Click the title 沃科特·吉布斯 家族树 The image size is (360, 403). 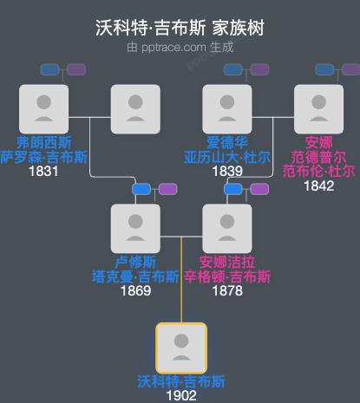(x=180, y=28)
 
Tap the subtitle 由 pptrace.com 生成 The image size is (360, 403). (x=180, y=47)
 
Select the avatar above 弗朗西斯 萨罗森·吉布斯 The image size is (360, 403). (x=43, y=109)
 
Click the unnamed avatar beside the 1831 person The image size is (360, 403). (x=135, y=109)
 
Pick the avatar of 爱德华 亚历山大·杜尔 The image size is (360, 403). (x=227, y=109)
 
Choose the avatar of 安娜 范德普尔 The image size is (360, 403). (x=318, y=109)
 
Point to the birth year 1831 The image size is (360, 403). (x=43, y=172)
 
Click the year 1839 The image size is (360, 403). (x=227, y=172)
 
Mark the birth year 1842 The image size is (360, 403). (x=318, y=185)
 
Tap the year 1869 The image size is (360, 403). (x=135, y=291)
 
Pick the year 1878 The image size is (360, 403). (x=227, y=291)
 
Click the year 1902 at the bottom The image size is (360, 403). (x=180, y=395)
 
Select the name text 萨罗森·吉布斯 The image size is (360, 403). (x=43, y=157)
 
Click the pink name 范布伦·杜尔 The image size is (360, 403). (x=318, y=171)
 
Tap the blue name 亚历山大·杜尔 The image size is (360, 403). (x=227, y=157)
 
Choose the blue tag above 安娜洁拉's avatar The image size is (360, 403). (x=232, y=189)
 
